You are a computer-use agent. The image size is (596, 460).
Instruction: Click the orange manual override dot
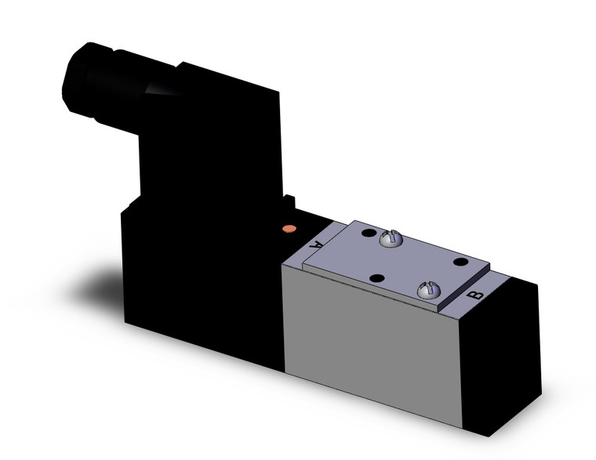(x=289, y=229)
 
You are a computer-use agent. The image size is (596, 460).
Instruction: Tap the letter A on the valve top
(x=317, y=244)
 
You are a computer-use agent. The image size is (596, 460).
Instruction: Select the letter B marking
(x=474, y=295)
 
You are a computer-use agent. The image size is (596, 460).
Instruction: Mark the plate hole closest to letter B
(x=461, y=262)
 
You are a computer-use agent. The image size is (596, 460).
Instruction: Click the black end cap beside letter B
(x=502, y=353)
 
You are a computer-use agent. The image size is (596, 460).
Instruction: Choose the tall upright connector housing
(x=212, y=141)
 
